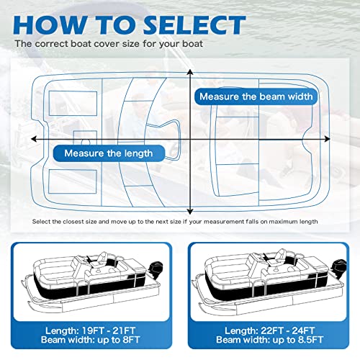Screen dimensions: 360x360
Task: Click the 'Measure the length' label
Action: coord(108,153)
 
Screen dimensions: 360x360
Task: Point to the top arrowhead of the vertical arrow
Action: coord(191,72)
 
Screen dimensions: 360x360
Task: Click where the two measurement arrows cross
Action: coord(191,138)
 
